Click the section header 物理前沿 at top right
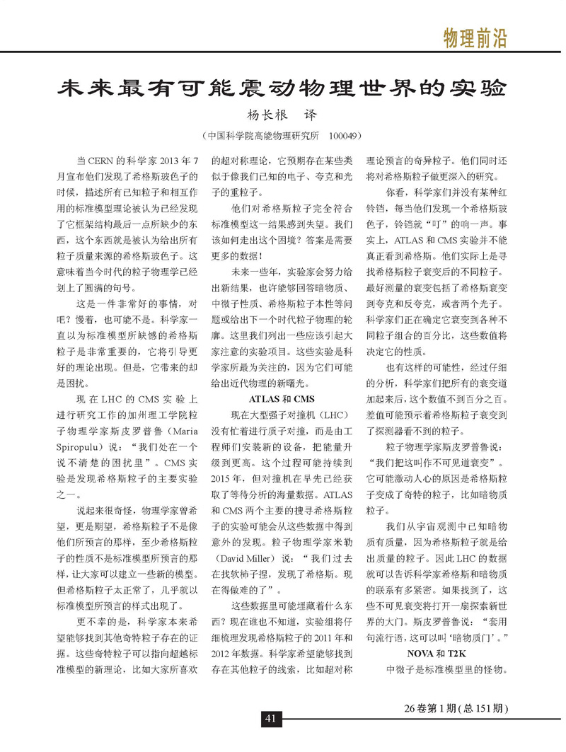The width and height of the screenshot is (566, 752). pos(475,36)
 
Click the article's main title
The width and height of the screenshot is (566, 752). pos(282,90)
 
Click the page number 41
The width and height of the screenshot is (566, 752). pos(270,719)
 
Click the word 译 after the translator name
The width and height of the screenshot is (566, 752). pos(309,115)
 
